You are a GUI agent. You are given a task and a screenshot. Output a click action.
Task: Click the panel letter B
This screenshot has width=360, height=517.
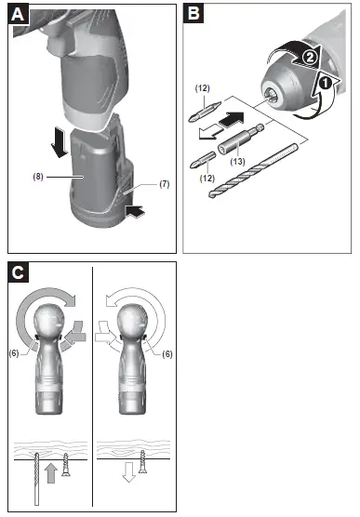(x=193, y=14)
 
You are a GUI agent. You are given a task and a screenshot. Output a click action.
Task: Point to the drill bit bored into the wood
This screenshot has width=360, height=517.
(x=36, y=479)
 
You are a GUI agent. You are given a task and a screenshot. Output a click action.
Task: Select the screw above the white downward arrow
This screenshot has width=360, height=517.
(x=144, y=463)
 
